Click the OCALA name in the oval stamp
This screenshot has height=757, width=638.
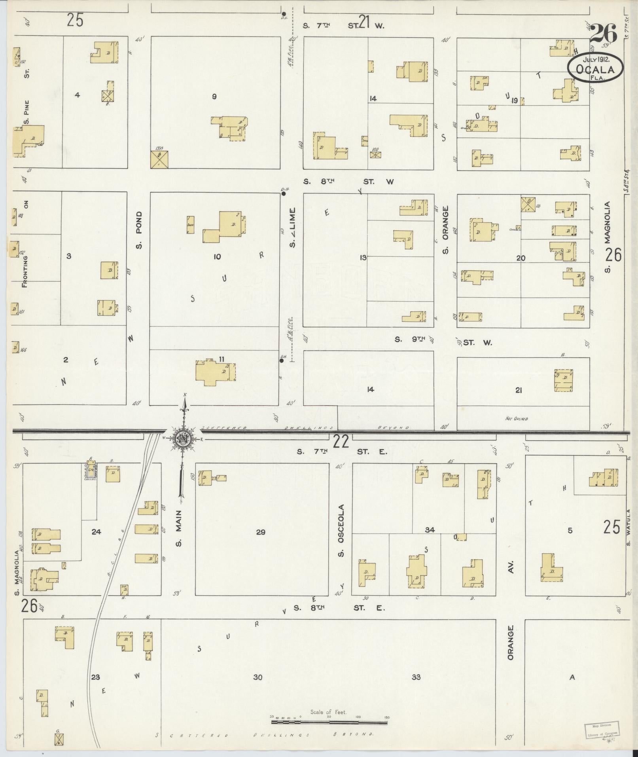(595, 69)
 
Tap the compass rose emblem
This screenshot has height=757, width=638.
(184, 439)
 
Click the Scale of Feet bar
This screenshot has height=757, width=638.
(329, 722)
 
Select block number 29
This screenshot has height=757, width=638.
(260, 532)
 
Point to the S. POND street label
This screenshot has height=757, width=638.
(139, 230)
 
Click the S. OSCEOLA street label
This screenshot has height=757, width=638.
(341, 530)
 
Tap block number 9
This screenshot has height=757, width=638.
(214, 96)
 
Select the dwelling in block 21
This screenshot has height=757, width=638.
(563, 380)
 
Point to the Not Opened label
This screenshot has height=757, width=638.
(516, 419)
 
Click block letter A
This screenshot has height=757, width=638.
(572, 677)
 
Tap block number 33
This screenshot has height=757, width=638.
(416, 677)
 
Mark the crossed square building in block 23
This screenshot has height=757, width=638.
(59, 739)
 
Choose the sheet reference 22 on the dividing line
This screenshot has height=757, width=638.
(341, 441)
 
